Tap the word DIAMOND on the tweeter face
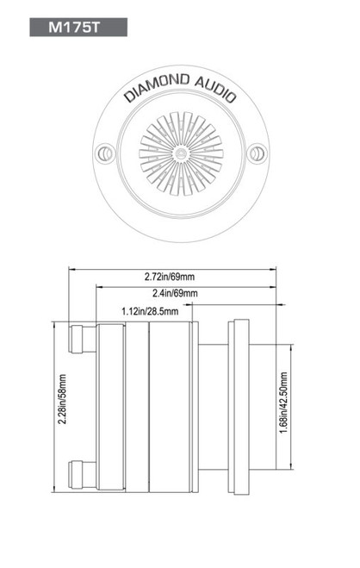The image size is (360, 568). [x=152, y=88]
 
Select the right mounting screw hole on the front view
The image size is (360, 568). [x=255, y=153]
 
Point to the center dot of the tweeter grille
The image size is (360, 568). [x=180, y=153]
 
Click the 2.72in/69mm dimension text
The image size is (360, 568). [x=170, y=277]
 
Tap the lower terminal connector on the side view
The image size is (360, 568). [x=83, y=471]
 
